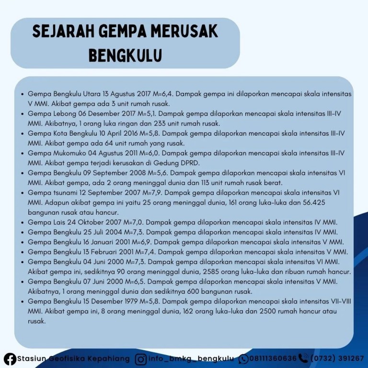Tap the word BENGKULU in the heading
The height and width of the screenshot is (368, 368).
[125, 55]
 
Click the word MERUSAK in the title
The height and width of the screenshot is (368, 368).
[184, 32]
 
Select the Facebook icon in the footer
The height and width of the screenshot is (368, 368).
[10, 358]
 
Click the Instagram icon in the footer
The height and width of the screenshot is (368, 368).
[141, 358]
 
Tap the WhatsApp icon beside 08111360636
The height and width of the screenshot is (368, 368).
[243, 358]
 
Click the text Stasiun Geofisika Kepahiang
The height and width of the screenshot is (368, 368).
[73, 358]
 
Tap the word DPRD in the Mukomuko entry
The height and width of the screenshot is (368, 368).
[179, 163]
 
